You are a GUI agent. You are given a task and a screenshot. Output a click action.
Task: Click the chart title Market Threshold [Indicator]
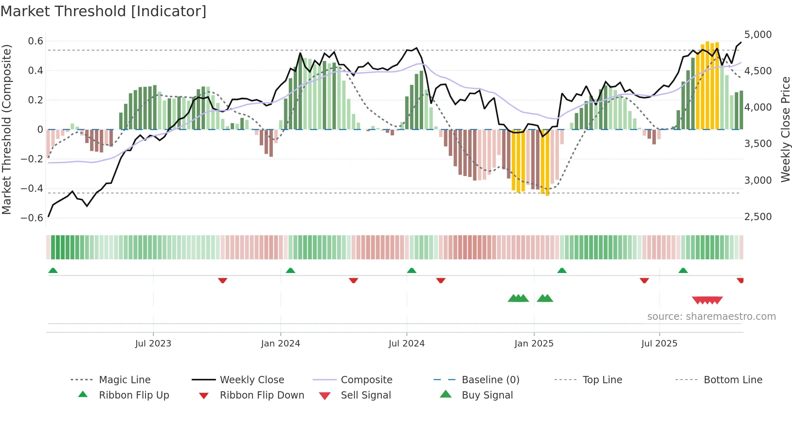click(103, 11)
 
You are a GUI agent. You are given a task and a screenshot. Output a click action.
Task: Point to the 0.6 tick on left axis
click(35, 41)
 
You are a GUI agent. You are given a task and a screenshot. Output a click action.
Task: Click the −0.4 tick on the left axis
click(32, 189)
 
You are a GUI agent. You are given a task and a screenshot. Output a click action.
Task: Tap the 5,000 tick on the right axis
click(758, 35)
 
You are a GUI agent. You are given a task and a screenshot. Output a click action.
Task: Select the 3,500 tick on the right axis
click(758, 144)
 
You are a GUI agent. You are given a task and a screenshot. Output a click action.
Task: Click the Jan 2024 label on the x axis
click(280, 344)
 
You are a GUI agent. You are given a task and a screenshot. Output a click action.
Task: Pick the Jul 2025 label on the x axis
click(659, 344)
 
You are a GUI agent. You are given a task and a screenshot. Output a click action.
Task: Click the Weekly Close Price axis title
click(785, 129)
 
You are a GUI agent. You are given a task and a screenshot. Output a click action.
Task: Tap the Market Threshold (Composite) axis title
click(6, 129)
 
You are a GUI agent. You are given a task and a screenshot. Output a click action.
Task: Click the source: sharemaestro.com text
click(711, 317)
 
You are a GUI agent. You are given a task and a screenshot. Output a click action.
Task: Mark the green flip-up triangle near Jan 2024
click(290, 271)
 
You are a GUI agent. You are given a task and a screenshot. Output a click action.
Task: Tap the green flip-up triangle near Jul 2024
click(411, 271)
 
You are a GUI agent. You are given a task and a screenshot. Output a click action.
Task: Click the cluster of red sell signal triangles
click(707, 300)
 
